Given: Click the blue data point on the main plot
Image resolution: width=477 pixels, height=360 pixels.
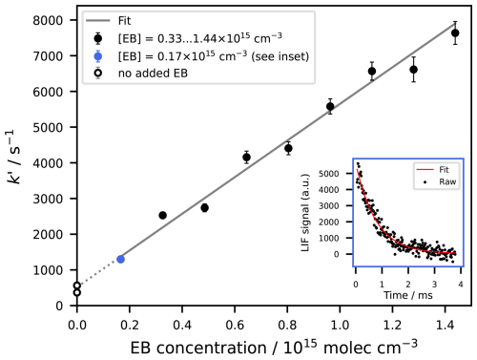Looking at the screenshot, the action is (x=120, y=259).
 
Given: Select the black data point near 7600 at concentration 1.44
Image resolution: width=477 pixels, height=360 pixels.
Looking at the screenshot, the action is (x=455, y=32).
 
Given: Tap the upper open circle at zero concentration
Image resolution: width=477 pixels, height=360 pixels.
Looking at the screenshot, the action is (x=77, y=286).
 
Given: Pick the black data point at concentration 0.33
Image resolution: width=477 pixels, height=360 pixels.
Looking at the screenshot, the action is (x=162, y=215).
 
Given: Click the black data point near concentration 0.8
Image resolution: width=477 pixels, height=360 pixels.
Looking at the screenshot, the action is (x=288, y=148).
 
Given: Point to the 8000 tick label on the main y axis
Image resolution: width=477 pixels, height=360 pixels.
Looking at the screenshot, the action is (x=48, y=20).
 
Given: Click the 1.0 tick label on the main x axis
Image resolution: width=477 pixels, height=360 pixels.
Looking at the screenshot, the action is (x=340, y=325).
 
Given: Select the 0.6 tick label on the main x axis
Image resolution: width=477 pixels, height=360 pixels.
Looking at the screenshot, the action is (x=235, y=325).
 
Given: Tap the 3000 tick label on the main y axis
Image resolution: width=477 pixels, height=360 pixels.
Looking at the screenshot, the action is (x=48, y=199).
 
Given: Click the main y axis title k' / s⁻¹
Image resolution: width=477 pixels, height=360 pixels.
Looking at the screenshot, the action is (x=14, y=157).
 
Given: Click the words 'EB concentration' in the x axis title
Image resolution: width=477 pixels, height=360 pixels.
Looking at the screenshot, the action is (x=198, y=348).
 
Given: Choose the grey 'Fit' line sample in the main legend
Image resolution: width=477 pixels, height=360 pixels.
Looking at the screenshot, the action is (x=98, y=21).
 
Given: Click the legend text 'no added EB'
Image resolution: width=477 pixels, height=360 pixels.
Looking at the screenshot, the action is (x=153, y=74).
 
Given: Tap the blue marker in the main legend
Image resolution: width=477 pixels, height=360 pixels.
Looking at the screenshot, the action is (x=98, y=56).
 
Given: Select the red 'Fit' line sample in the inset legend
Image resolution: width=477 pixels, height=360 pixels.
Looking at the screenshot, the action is (x=425, y=170).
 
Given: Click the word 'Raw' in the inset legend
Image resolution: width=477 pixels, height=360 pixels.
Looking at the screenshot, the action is (x=447, y=181).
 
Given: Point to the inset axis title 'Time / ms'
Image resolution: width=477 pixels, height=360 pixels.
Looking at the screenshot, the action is (x=408, y=295).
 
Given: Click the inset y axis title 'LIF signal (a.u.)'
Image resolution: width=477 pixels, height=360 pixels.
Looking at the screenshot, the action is (x=305, y=213).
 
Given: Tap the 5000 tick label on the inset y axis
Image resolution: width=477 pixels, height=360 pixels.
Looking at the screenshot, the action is (x=329, y=174).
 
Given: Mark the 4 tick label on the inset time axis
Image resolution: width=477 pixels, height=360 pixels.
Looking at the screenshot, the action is (x=461, y=284).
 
